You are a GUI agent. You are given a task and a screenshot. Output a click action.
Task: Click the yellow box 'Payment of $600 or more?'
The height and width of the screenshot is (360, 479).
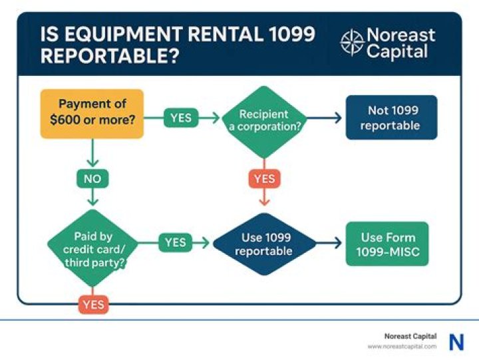pos(92,114)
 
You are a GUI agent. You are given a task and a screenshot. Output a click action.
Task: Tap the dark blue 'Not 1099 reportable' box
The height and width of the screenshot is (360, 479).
pos(391,117)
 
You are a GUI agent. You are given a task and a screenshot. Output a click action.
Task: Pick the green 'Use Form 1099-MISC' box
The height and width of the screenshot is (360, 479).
pos(387,244)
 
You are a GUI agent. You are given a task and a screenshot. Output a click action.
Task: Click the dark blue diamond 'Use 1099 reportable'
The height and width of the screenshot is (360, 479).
pos(263,244)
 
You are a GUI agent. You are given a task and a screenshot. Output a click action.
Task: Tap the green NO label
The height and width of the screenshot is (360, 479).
pos(92,178)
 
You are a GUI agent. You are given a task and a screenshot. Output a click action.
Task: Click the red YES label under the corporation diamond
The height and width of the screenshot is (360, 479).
pos(263,178)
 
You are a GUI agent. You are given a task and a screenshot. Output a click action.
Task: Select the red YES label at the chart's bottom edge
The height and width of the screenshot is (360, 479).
pos(92,305)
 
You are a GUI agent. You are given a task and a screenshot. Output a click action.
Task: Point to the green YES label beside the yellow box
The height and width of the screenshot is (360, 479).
pos(181,118)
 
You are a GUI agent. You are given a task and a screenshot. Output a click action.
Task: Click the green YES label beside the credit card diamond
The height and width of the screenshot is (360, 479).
pos(176,243)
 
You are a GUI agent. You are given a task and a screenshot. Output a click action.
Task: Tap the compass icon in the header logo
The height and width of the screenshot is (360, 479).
pos(352,43)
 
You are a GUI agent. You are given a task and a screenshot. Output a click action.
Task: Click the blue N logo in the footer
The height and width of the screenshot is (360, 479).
pos(456,342)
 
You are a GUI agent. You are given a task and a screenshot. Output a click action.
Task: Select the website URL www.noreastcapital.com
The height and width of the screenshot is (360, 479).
pos(402,347)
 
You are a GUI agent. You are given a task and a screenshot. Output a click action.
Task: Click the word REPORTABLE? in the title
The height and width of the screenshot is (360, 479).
pos(109,56)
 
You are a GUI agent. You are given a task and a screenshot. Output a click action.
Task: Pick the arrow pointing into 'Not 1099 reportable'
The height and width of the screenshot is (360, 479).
pos(326,118)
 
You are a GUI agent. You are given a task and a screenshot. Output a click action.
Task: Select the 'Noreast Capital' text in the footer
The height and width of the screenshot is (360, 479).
pos(410,337)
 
